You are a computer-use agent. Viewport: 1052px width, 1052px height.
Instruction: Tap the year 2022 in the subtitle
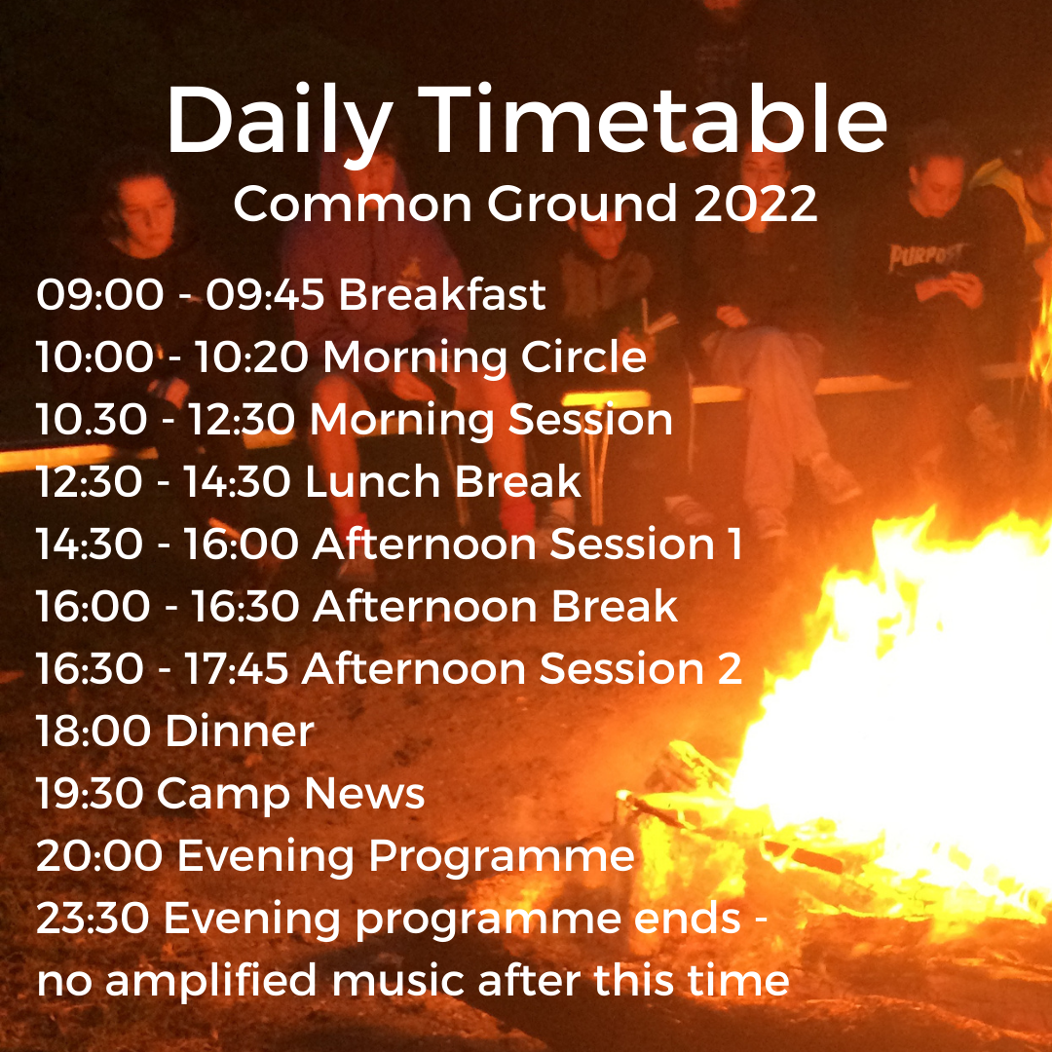pos(756,204)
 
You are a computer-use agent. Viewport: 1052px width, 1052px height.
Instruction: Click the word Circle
pos(583,356)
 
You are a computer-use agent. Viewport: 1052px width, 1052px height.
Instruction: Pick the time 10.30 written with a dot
pos(92,419)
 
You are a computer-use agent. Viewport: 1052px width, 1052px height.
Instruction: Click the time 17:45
pos(236,668)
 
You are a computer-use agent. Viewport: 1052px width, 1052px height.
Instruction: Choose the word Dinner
pos(240,731)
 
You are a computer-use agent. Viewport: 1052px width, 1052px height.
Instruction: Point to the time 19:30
pos(90,793)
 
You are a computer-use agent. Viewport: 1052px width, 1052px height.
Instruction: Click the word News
pos(364,793)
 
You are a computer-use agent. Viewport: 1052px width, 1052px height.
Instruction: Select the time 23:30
pos(93,918)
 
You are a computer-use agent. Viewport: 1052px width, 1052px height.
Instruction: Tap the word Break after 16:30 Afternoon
pos(615,606)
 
